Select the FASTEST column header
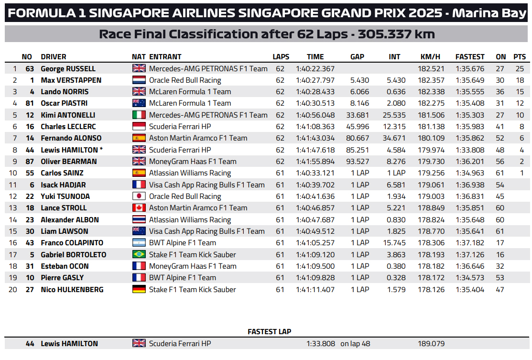pyautogui.click(x=469, y=56)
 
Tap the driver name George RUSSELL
pyautogui.click(x=68, y=68)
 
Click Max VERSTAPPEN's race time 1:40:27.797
pyautogui.click(x=315, y=80)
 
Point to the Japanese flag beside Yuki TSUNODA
pyautogui.click(x=139, y=196)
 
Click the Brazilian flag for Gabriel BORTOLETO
pyautogui.click(x=139, y=254)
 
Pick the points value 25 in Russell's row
pyautogui.click(x=520, y=68)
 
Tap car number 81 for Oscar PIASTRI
pyautogui.click(x=29, y=103)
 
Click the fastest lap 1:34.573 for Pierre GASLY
pyautogui.click(x=470, y=277)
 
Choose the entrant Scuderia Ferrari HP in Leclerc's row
pyautogui.click(x=180, y=126)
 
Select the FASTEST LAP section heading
pyautogui.click(x=269, y=331)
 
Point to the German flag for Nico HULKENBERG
pyautogui.click(x=139, y=289)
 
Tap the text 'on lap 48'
pyautogui.click(x=355, y=343)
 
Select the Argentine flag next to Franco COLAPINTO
pyautogui.click(x=139, y=242)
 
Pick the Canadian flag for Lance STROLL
pyautogui.click(x=139, y=207)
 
